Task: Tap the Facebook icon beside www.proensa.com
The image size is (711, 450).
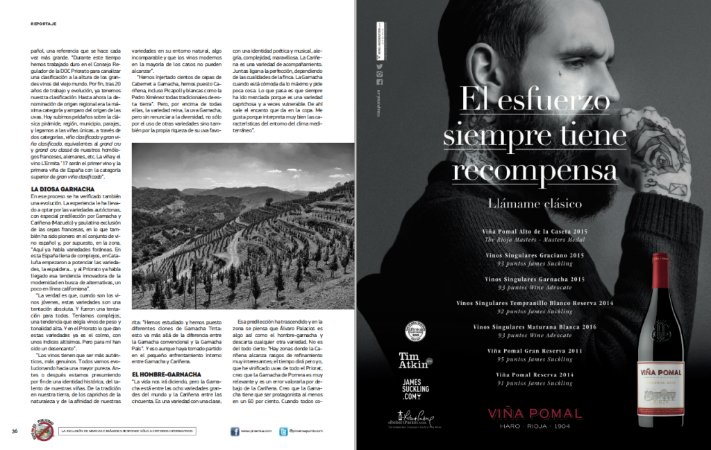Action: coord(235,431)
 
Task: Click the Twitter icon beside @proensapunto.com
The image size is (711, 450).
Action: coord(283,431)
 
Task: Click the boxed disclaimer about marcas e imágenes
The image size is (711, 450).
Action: coord(129,431)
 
